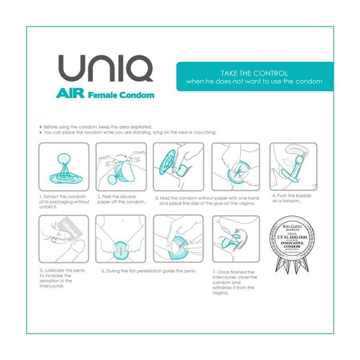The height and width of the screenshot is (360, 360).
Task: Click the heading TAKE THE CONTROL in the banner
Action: point(254,73)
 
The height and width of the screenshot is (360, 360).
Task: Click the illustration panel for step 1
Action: point(63,166)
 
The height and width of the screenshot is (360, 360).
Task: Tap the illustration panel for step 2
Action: point(121,166)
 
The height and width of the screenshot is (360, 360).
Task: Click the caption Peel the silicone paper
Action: point(121,199)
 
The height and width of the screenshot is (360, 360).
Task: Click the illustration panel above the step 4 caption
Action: point(293,166)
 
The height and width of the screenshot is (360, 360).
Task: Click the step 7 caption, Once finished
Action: point(233,282)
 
